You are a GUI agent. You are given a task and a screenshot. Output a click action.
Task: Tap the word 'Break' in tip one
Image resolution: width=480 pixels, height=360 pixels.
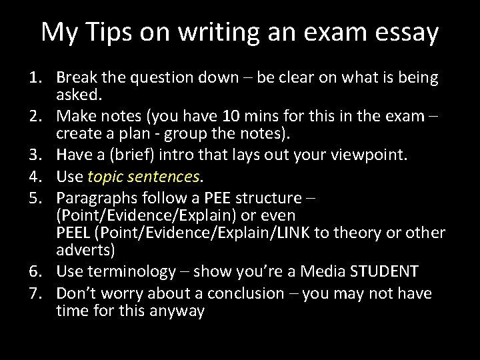coord(77,78)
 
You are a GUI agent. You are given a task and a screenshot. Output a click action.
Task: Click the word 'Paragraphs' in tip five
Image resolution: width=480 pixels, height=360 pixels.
coord(97,198)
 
